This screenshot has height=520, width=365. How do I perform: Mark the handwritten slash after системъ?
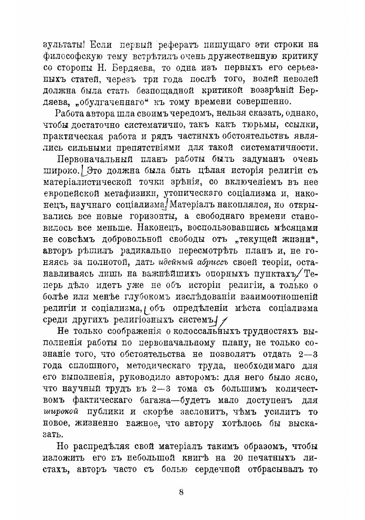(x=223, y=321)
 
